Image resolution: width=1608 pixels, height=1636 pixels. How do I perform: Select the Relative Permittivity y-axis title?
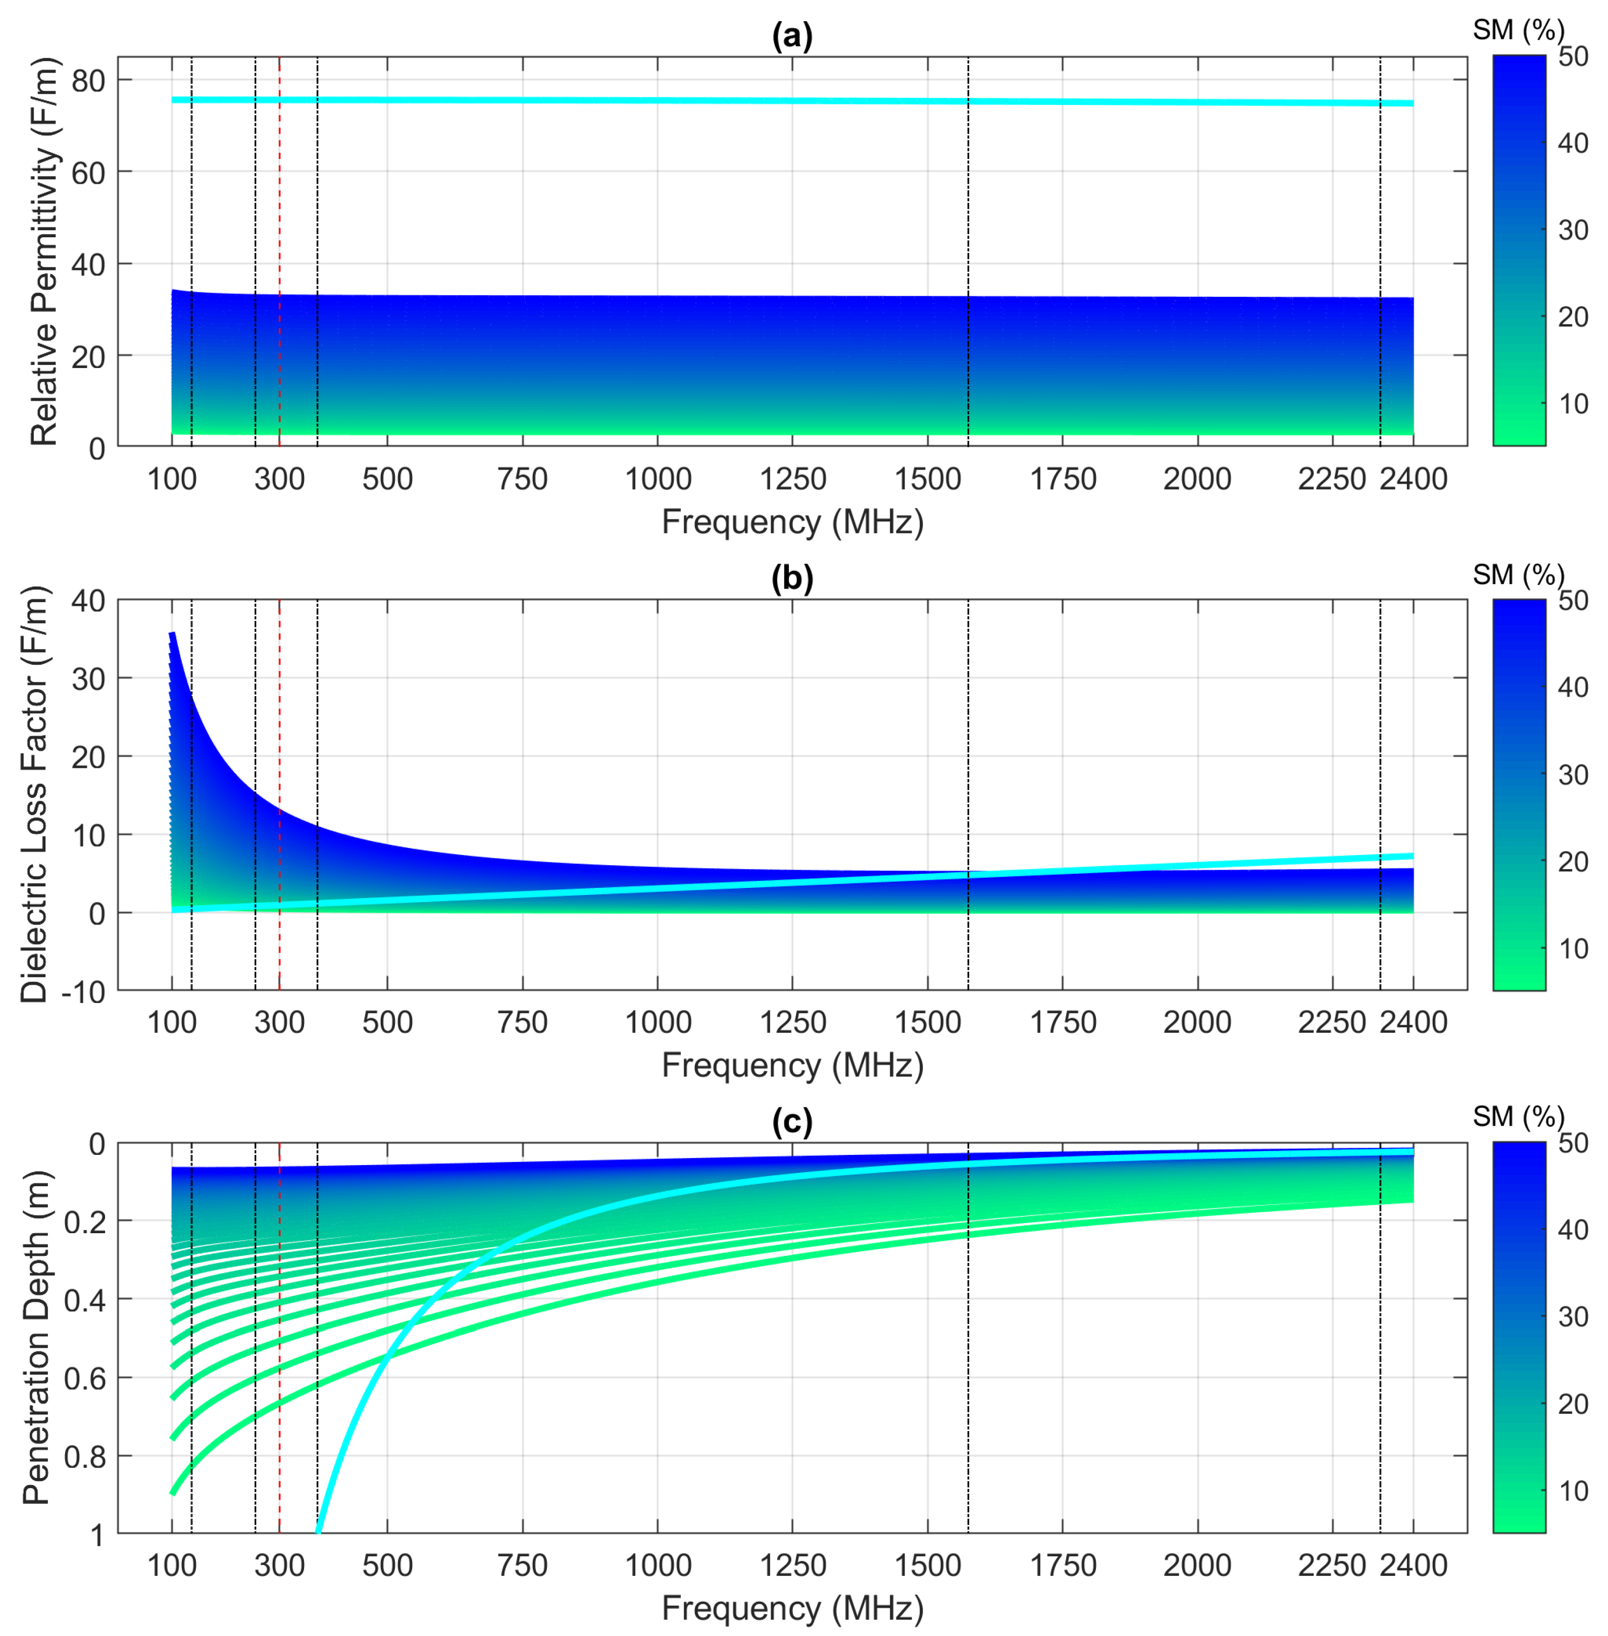(x=44, y=251)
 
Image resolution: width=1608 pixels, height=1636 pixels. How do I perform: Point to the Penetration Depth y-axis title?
(x=35, y=1338)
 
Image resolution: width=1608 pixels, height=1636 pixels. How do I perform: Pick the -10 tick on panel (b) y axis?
(x=83, y=992)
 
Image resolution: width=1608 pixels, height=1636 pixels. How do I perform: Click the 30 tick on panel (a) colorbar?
(x=1573, y=230)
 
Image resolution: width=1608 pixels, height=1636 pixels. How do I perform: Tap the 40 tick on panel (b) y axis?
(x=88, y=601)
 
